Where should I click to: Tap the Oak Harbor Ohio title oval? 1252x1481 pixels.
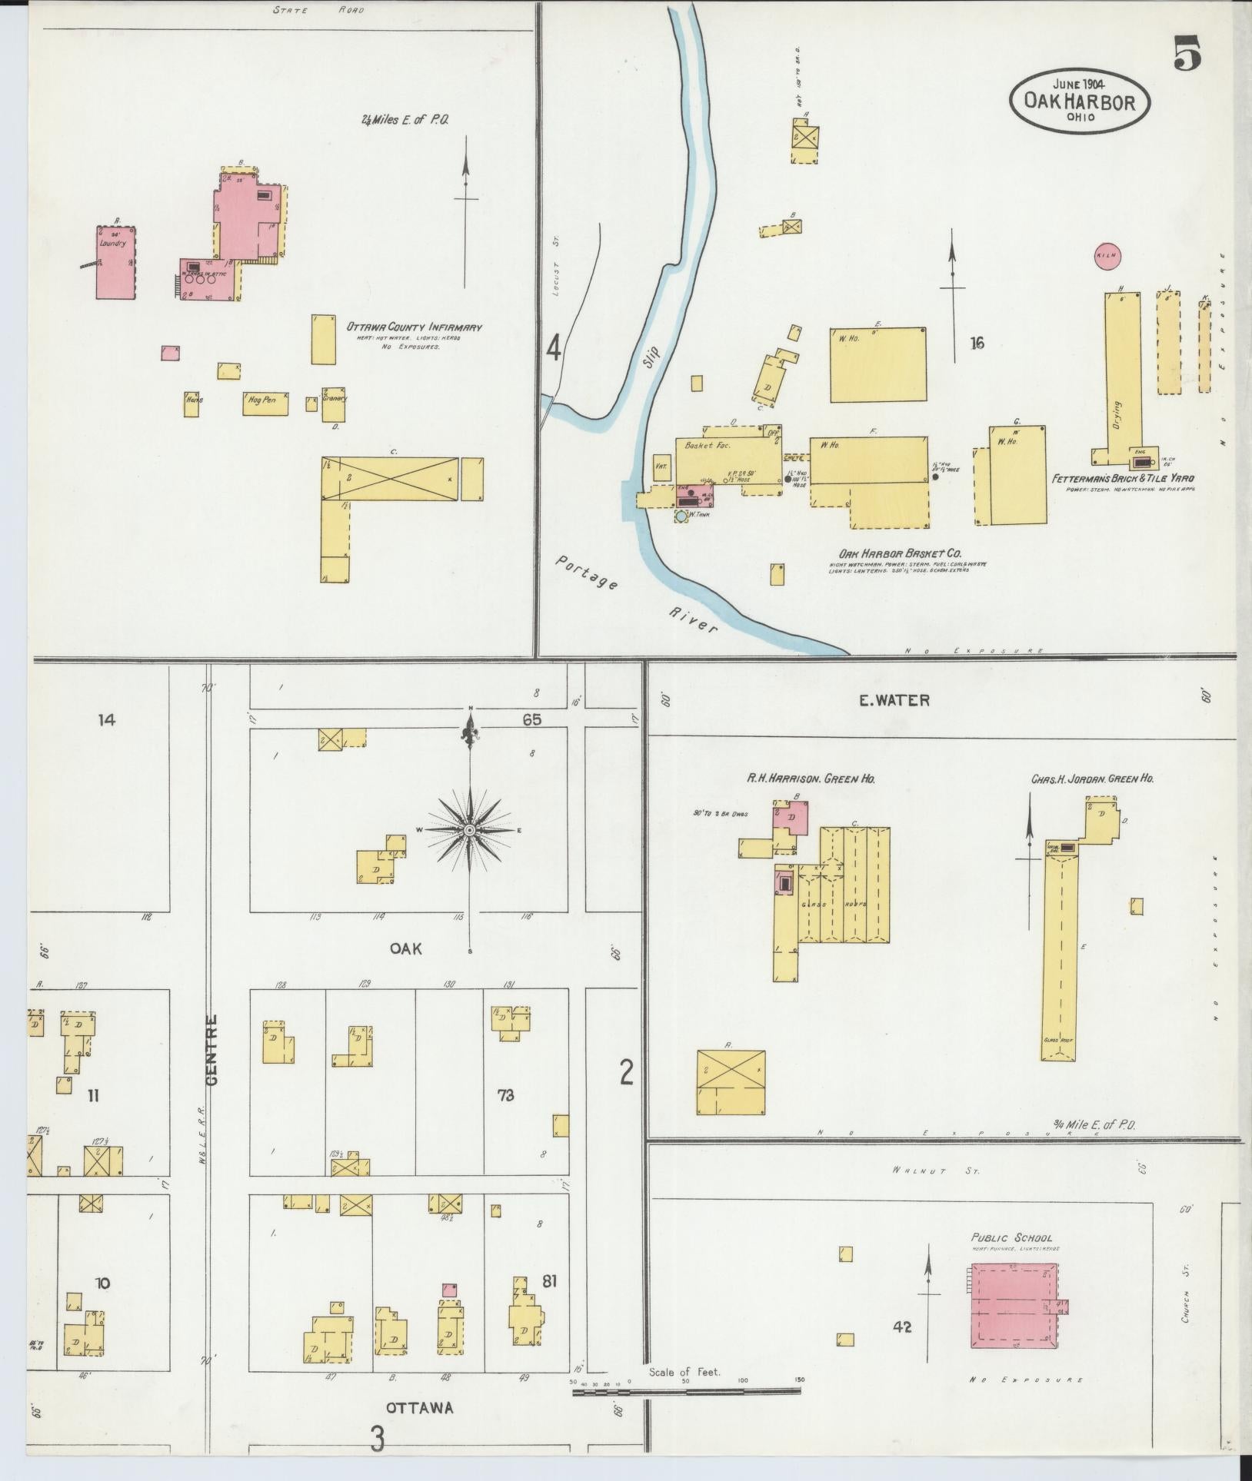(1081, 101)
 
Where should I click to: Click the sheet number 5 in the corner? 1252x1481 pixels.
(1187, 53)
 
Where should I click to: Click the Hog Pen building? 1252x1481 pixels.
(265, 403)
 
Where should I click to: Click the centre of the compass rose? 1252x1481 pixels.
(469, 830)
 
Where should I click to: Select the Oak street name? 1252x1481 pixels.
(406, 948)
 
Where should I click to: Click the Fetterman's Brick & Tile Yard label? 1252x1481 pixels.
(1123, 478)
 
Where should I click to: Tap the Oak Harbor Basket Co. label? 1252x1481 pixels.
(901, 553)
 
